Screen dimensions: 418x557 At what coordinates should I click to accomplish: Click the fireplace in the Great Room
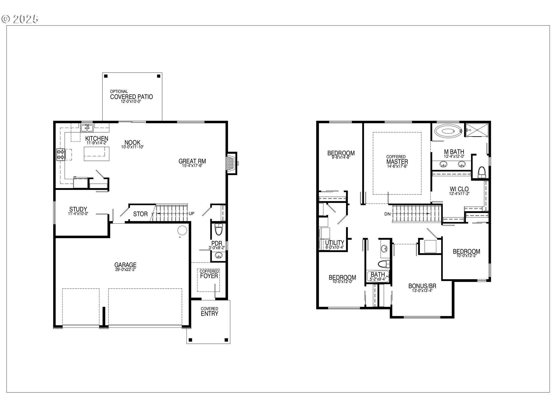click(231, 163)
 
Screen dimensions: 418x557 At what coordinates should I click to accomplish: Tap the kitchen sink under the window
click(87, 128)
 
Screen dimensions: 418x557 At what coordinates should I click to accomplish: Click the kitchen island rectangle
click(97, 154)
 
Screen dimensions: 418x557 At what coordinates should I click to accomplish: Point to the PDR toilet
click(218, 230)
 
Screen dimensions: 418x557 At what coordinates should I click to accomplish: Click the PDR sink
click(218, 255)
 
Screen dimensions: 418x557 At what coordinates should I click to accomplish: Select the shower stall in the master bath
click(477, 130)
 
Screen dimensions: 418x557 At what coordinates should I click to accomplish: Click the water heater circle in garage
click(182, 230)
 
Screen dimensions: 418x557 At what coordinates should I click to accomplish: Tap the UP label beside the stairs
click(191, 214)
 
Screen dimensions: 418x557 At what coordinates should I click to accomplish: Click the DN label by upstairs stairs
click(388, 214)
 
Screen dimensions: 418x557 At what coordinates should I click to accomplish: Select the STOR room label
click(140, 214)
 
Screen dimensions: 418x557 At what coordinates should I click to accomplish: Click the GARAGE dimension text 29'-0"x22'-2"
click(125, 269)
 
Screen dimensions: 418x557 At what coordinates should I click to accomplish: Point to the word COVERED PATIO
click(131, 97)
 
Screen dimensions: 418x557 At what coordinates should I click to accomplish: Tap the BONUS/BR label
click(422, 286)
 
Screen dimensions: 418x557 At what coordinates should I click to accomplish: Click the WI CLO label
click(459, 189)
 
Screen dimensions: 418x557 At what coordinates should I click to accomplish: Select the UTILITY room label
click(334, 243)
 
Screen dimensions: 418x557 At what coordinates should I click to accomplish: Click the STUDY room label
click(78, 209)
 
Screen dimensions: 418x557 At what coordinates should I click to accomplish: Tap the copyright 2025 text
click(20, 19)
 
